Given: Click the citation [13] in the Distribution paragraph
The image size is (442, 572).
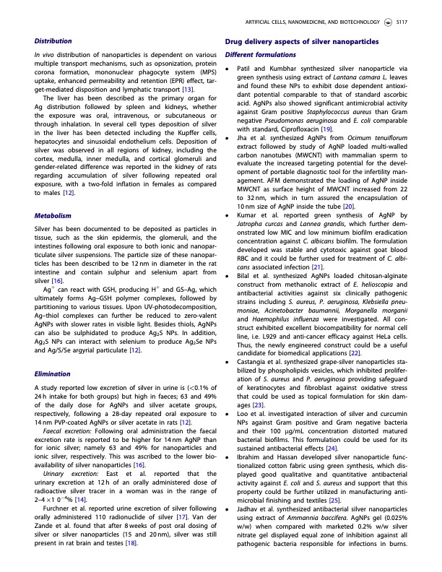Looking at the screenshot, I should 187,89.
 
